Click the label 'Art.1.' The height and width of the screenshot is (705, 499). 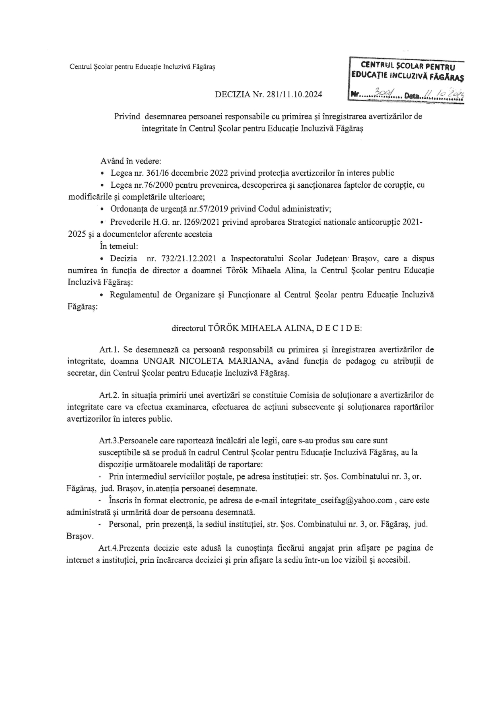click(x=107, y=349)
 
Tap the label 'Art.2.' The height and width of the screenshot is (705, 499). click(x=107, y=395)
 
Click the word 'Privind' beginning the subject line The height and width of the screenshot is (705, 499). click(x=127, y=117)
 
